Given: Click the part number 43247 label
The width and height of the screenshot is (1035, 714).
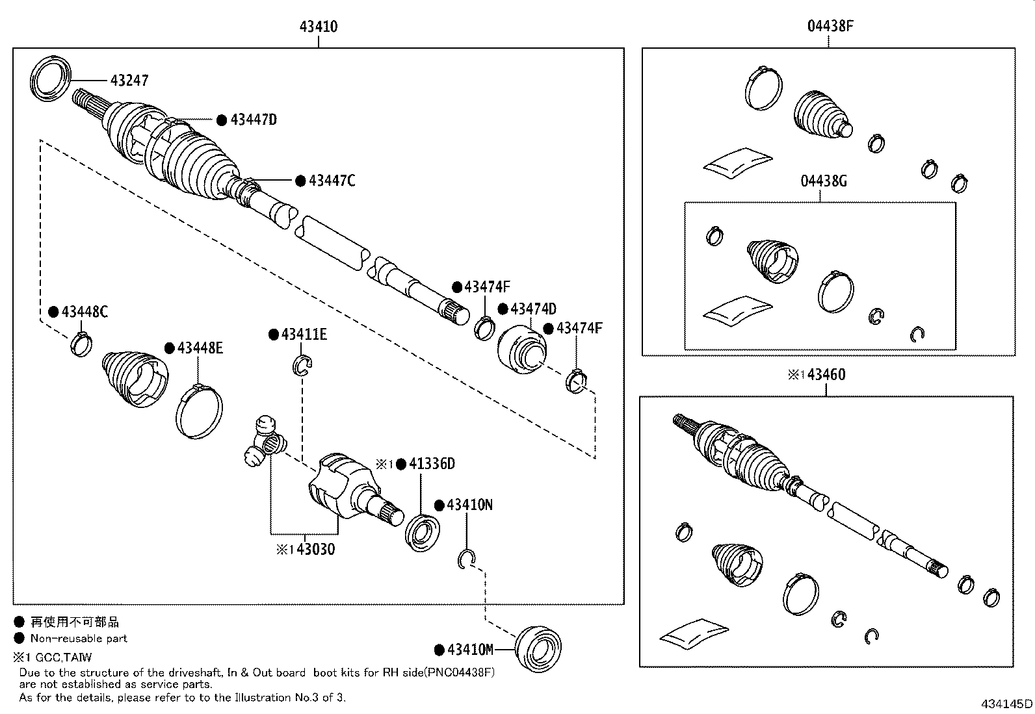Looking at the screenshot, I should (129, 81).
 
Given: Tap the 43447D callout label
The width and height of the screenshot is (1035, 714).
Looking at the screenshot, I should (254, 120).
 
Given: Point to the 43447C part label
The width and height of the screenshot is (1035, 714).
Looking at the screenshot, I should (332, 181).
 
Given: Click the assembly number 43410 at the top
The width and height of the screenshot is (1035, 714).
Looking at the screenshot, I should (319, 27).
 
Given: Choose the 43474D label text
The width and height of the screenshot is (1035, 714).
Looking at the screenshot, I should (533, 309).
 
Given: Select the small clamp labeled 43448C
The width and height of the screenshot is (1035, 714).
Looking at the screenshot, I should (81, 343).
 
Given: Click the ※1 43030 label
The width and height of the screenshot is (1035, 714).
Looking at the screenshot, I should (306, 550).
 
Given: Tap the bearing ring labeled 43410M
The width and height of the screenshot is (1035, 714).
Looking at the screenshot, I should (538, 647).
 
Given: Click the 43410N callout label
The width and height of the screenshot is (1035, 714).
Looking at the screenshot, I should (469, 505).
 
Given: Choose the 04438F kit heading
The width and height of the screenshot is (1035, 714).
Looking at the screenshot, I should (830, 27).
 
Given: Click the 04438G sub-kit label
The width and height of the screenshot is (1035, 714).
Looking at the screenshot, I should (823, 181).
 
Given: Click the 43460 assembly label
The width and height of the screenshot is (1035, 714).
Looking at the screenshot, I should (826, 375).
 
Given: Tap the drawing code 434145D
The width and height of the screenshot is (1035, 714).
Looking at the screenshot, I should (1006, 704).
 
